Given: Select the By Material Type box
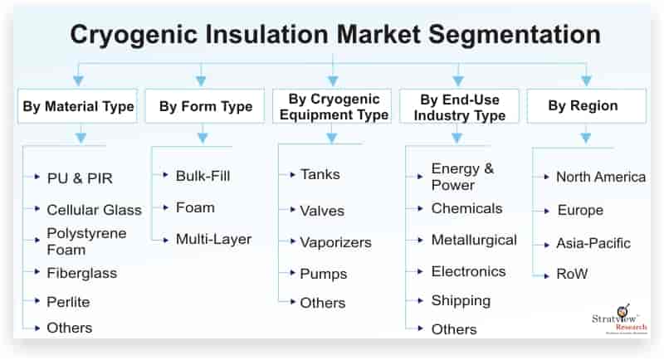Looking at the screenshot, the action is click(x=77, y=106).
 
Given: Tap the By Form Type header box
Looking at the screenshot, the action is click(x=205, y=106).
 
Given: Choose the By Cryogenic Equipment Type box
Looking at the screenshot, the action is click(x=332, y=106).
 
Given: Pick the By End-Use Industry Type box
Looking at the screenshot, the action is click(x=460, y=106).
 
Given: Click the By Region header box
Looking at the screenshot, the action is click(x=587, y=106).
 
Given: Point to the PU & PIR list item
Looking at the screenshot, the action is click(x=80, y=178).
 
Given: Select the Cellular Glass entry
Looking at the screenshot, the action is click(x=94, y=210).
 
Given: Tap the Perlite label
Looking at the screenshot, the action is click(x=68, y=302).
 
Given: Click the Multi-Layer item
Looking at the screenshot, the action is click(x=213, y=240).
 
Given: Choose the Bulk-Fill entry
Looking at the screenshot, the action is click(x=203, y=176).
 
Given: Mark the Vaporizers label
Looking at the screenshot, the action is click(x=335, y=242).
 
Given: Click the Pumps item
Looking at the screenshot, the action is click(x=323, y=274).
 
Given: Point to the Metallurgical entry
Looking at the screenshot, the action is click(x=474, y=240).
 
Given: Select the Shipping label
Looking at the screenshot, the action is click(x=461, y=301).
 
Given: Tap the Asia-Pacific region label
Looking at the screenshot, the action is click(x=593, y=243).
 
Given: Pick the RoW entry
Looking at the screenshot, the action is click(x=572, y=274).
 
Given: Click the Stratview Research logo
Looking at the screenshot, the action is click(x=619, y=319).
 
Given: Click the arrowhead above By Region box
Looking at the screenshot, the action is click(x=586, y=80).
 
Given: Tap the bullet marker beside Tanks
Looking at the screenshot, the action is click(x=292, y=174).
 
